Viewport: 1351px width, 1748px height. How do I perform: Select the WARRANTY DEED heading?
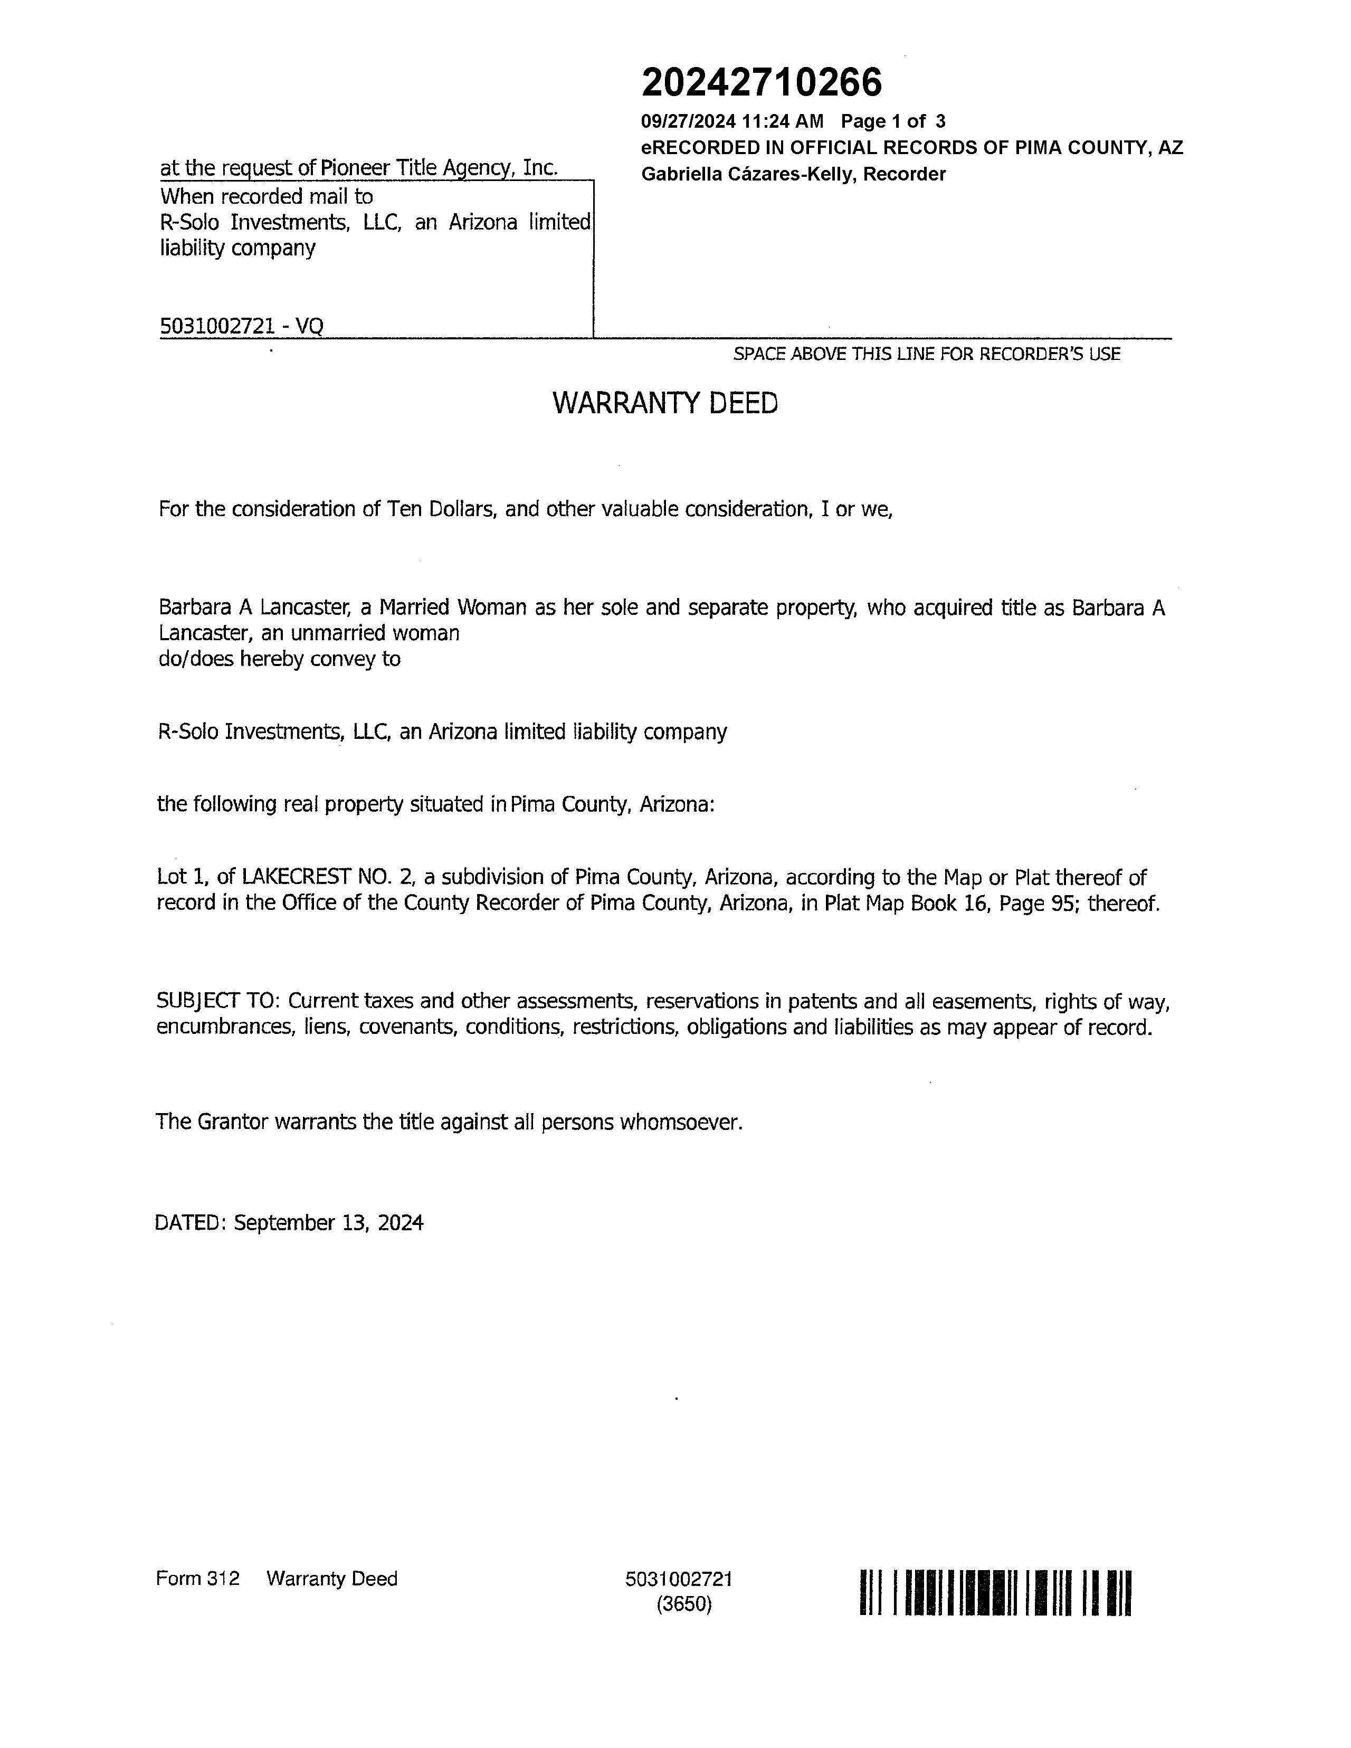(665, 403)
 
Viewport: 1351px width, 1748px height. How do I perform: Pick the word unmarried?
(339, 633)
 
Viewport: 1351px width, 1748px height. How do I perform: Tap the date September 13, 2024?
(328, 1223)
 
